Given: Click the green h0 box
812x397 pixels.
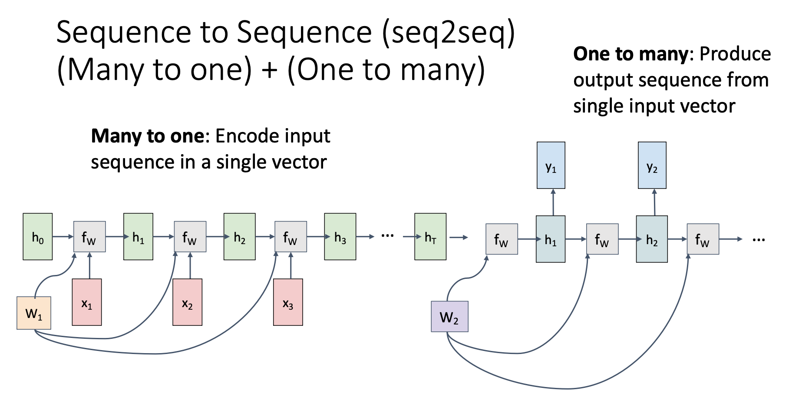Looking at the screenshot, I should [38, 237].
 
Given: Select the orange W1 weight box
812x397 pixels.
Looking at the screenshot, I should [34, 313].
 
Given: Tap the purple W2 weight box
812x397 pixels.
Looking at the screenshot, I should [449, 317].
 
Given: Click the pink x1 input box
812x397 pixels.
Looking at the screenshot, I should [87, 302].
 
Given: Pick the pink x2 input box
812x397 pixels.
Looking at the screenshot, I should [188, 302].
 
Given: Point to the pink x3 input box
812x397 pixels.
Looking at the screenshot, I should [288, 302].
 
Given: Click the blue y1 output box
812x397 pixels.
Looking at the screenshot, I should [551, 165].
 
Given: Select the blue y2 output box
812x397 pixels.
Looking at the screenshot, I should [652, 165].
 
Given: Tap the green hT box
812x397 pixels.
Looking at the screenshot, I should [430, 237].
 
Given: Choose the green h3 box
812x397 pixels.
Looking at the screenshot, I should [340, 237].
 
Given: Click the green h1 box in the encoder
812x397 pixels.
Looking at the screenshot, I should [138, 237].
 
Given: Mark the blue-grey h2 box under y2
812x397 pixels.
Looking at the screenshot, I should [652, 239].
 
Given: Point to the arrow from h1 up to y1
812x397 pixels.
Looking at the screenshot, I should [553, 202].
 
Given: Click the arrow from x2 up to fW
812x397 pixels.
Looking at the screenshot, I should [190, 265].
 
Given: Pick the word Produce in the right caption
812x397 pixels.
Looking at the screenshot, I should [735, 54].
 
